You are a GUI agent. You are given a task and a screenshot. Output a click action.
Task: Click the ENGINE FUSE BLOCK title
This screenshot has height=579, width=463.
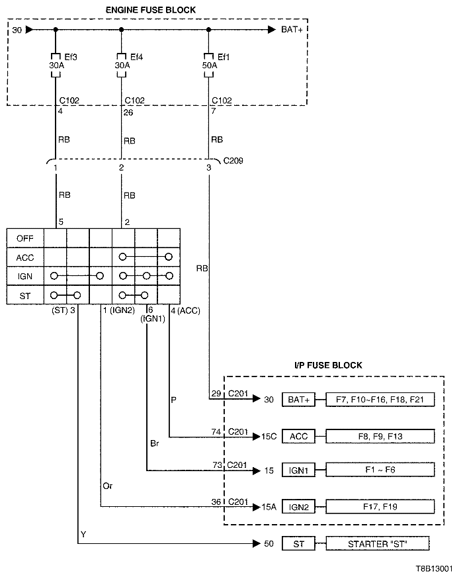(x=155, y=9)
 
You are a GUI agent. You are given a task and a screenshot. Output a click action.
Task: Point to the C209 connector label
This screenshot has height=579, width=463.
(x=233, y=159)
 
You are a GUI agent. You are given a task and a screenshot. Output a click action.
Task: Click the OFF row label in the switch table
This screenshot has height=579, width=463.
(x=24, y=238)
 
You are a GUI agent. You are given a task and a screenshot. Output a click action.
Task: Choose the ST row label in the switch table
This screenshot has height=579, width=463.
(x=24, y=295)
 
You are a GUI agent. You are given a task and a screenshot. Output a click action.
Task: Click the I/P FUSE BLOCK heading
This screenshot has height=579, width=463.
(x=328, y=365)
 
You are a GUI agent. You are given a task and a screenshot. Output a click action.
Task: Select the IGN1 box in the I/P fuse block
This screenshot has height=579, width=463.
(x=299, y=471)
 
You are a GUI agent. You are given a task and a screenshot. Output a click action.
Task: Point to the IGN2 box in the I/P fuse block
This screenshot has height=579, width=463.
(x=299, y=507)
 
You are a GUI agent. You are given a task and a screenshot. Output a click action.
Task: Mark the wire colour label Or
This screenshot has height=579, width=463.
(x=107, y=486)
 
